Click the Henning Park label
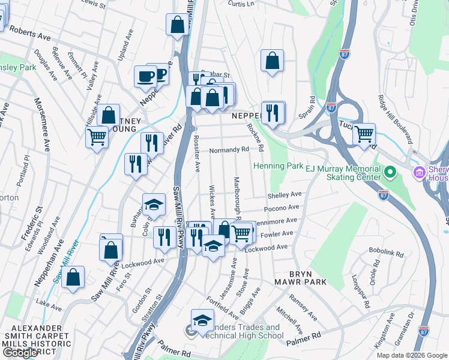point(279,165)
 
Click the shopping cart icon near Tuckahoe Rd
point(364,134)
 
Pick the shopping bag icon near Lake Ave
point(73,277)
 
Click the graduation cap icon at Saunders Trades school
point(202,319)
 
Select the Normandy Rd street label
point(229,149)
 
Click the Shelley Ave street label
point(284,195)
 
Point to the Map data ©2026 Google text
point(411,355)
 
